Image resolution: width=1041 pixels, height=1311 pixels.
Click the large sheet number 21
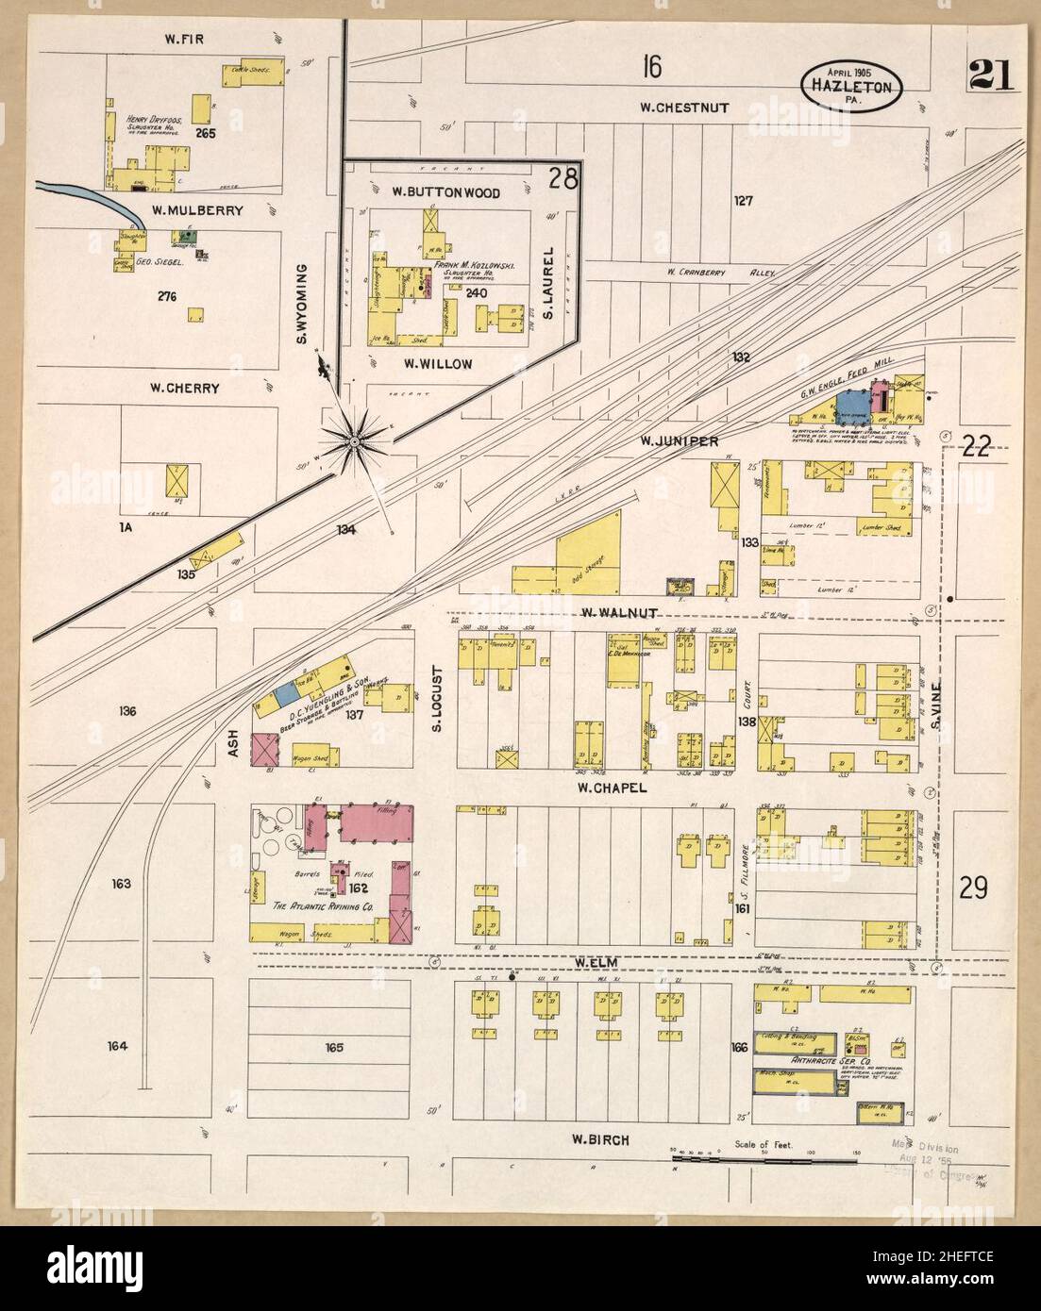(x=990, y=75)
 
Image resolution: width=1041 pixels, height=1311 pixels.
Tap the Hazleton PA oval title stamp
(x=852, y=84)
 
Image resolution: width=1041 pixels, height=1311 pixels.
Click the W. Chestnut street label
(x=684, y=108)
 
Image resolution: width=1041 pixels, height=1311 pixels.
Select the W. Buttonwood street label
(x=446, y=192)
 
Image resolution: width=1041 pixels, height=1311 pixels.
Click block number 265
(x=206, y=133)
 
